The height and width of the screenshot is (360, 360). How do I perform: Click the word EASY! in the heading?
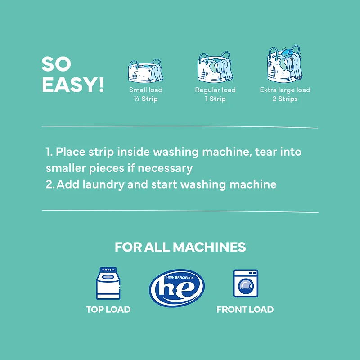click(x=73, y=85)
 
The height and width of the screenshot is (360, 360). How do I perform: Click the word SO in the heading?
click(x=56, y=64)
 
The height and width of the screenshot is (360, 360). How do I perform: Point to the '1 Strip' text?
click(x=215, y=99)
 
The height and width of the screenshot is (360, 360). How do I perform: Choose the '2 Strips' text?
click(x=285, y=99)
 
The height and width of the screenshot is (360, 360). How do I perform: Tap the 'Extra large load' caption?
click(x=285, y=90)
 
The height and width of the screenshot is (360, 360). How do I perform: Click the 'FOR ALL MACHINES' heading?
click(x=180, y=247)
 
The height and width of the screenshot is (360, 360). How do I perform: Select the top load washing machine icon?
click(x=108, y=283)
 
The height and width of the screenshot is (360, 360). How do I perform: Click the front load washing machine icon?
click(x=246, y=283)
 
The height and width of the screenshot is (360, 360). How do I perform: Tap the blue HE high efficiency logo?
click(x=177, y=288)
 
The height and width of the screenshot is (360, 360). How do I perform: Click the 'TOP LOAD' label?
click(x=108, y=310)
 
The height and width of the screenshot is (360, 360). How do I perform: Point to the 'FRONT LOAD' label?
click(x=245, y=310)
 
